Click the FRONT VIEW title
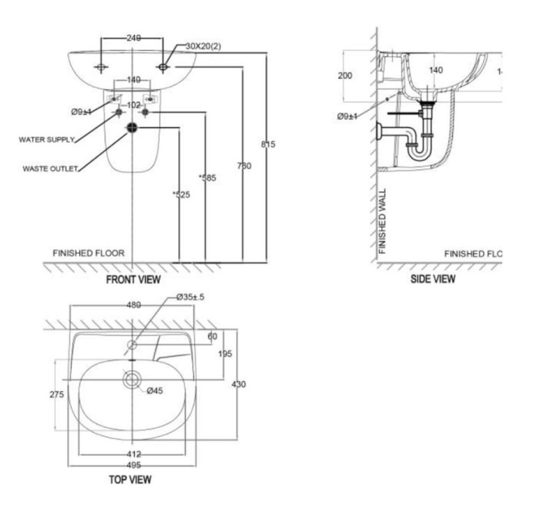(133, 280)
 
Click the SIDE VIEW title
(433, 279)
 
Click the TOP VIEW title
(130, 480)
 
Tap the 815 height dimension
(268, 144)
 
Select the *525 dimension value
(181, 195)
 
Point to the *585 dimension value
(207, 178)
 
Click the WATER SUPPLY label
(46, 140)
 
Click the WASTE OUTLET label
(50, 168)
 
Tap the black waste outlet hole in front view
(133, 128)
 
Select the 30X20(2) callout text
(204, 46)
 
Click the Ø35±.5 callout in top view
(190, 298)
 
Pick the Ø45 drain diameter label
(154, 391)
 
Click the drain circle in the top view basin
(132, 379)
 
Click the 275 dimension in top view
(57, 395)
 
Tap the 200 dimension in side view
(345, 75)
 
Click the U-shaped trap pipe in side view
(419, 146)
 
